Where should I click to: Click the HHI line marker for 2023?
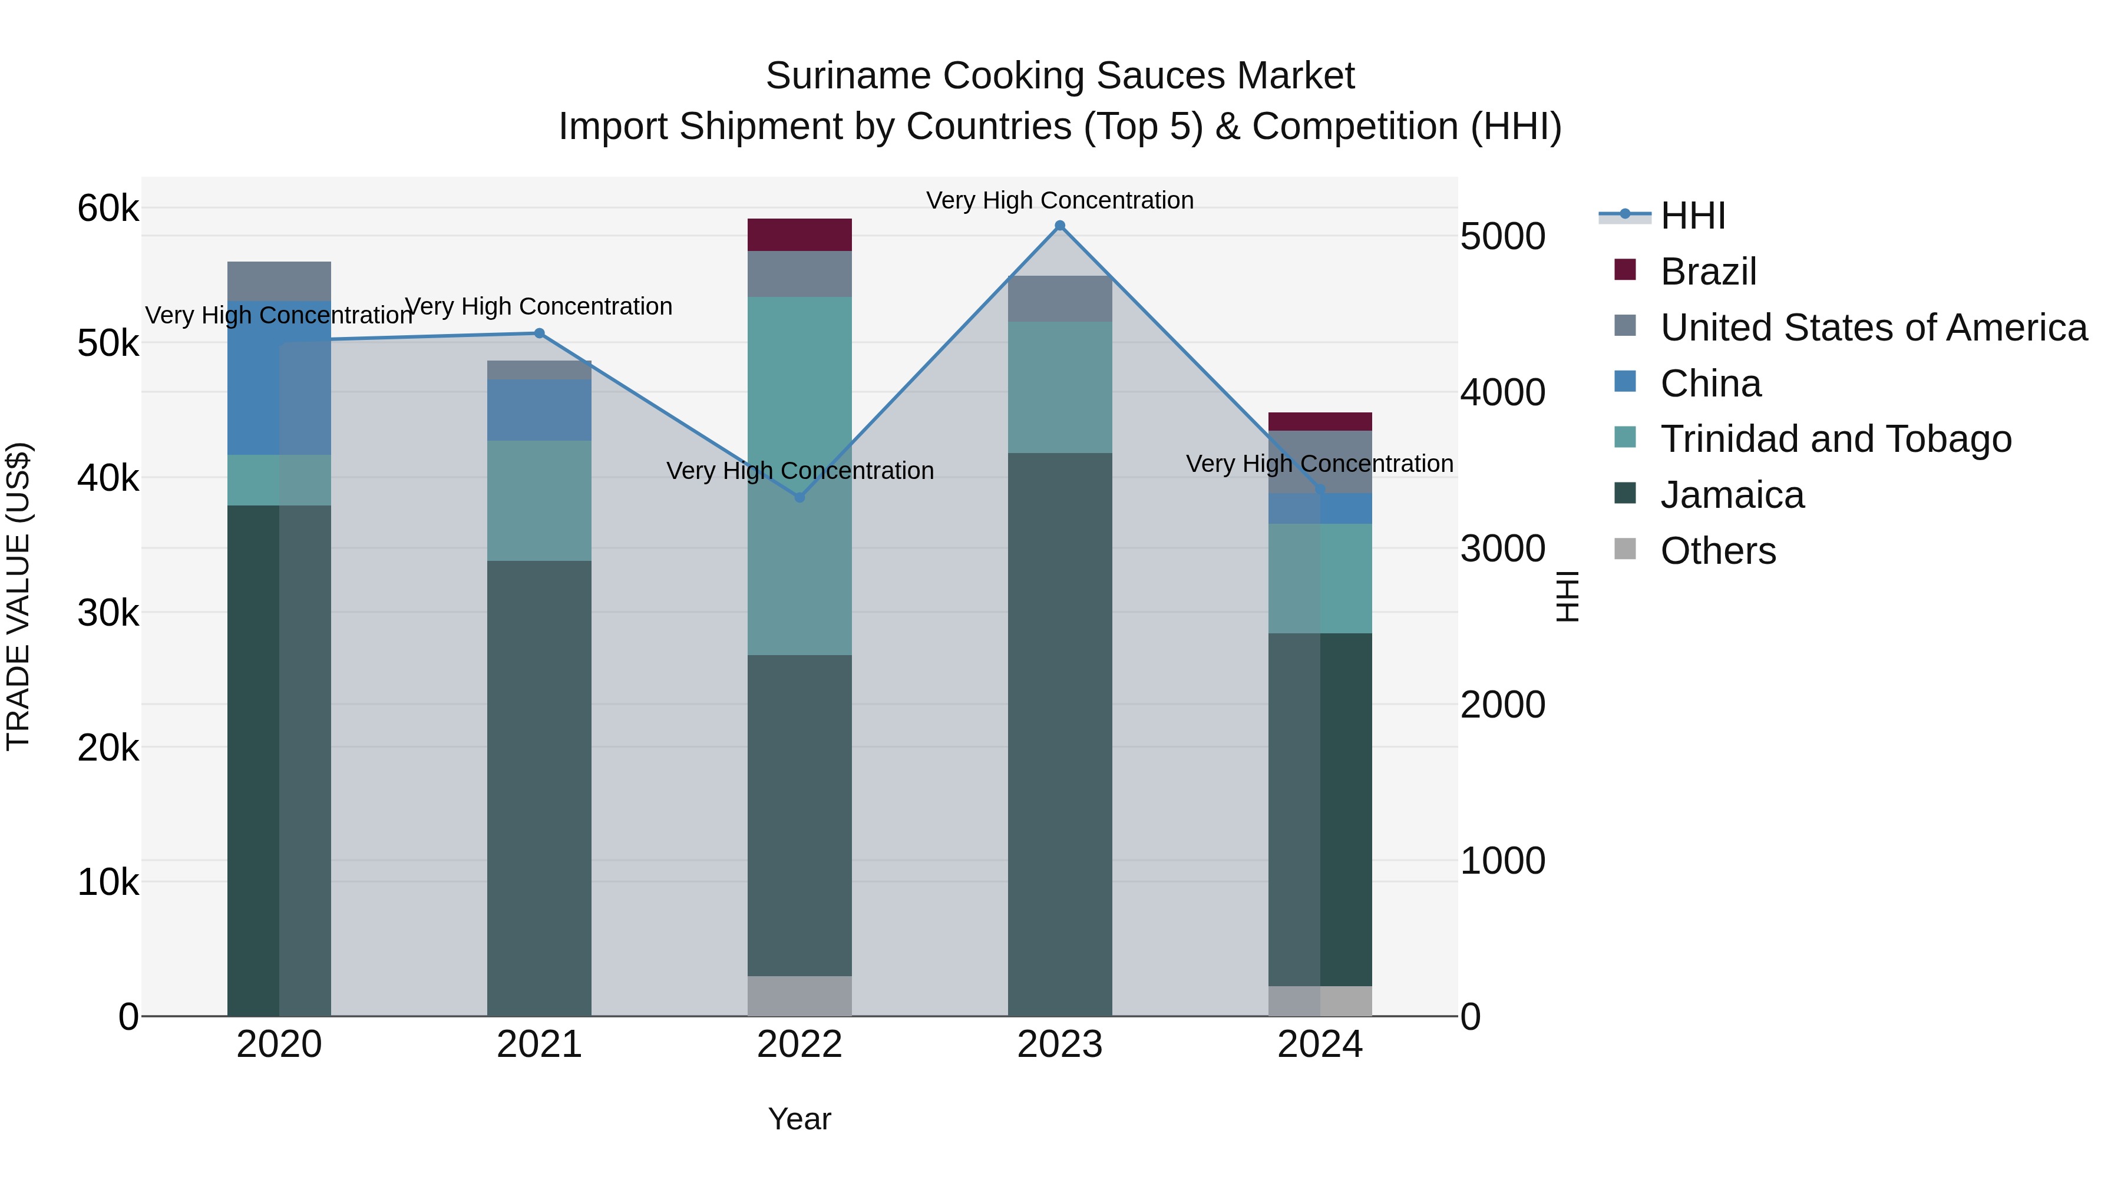click(x=1060, y=226)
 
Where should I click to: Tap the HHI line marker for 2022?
click(x=799, y=497)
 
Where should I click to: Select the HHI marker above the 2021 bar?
click(x=539, y=333)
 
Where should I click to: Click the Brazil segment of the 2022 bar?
click(x=799, y=234)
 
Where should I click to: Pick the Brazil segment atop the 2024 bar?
click(x=1320, y=422)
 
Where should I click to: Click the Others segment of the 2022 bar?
click(x=799, y=996)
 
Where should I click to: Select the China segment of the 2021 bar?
click(x=539, y=409)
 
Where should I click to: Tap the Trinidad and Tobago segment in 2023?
click(x=1060, y=387)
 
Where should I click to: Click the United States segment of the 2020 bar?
click(x=279, y=281)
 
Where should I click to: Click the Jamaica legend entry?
click(x=1732, y=495)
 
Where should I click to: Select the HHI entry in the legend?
click(x=1693, y=216)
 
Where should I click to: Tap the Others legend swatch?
click(x=1626, y=549)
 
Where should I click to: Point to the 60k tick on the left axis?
click(x=108, y=209)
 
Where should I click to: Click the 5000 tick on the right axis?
click(x=1502, y=236)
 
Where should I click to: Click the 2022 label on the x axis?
click(x=799, y=1045)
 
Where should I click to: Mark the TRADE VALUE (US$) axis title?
click(x=18, y=596)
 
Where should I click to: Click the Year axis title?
click(x=799, y=1119)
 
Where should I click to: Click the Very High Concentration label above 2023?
click(x=1060, y=200)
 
